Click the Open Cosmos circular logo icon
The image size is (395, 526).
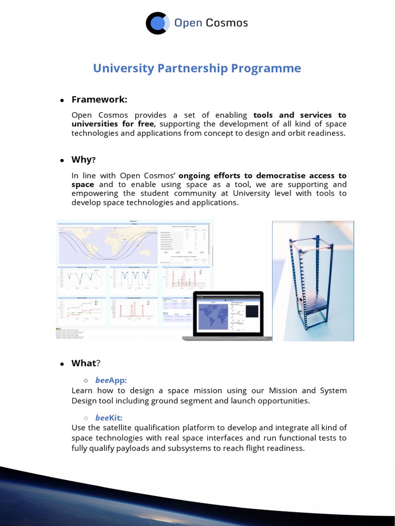(x=156, y=23)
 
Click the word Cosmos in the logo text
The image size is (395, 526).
(x=227, y=23)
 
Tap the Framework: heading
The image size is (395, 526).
(x=99, y=99)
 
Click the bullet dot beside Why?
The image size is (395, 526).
(x=62, y=160)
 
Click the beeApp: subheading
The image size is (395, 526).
(x=111, y=381)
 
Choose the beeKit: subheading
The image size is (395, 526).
(x=109, y=418)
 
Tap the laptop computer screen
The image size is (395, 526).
(x=228, y=314)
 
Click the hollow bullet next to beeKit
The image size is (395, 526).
(x=86, y=418)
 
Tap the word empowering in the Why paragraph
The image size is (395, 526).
(x=97, y=193)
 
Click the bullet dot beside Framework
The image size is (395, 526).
(x=62, y=100)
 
